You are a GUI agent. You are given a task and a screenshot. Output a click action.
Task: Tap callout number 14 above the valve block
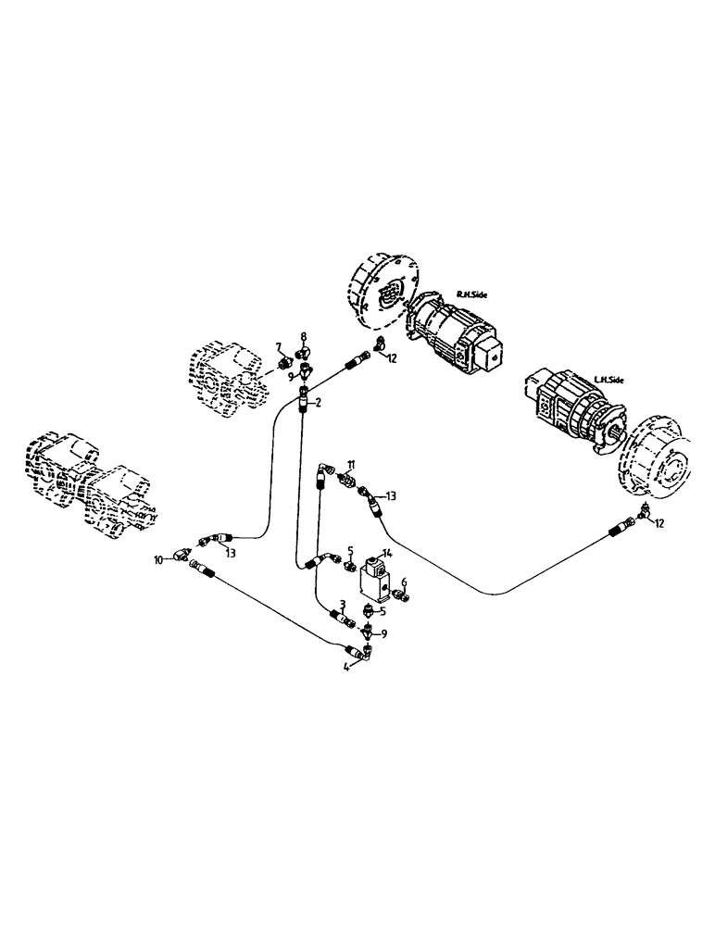pyautogui.click(x=387, y=552)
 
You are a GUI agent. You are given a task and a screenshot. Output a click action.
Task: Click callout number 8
pyautogui.click(x=302, y=337)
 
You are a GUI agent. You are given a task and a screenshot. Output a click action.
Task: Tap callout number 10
pyautogui.click(x=159, y=560)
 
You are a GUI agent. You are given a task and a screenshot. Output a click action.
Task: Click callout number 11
pyautogui.click(x=351, y=462)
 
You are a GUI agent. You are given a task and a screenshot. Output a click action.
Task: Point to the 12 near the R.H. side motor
pyautogui.click(x=391, y=358)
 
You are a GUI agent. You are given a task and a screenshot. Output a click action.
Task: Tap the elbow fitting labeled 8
pyautogui.click(x=302, y=353)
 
